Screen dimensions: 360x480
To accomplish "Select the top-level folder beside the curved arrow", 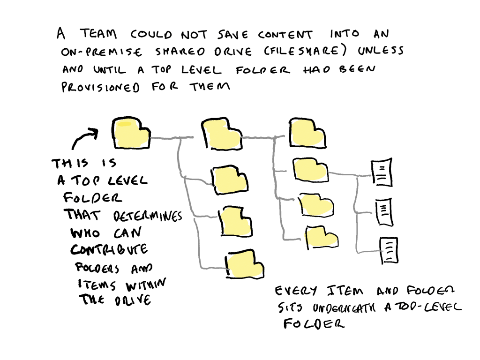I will click(131, 133).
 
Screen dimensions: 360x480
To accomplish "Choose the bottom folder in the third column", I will click(321, 237).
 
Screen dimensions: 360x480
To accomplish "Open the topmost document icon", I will click(381, 172).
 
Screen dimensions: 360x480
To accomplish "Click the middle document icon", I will click(384, 212).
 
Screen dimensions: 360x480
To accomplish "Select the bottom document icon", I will click(389, 250).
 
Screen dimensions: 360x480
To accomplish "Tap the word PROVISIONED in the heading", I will click(101, 88).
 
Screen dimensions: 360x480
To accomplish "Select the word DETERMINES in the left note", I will click(148, 217).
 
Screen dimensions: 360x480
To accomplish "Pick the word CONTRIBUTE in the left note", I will click(109, 250).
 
